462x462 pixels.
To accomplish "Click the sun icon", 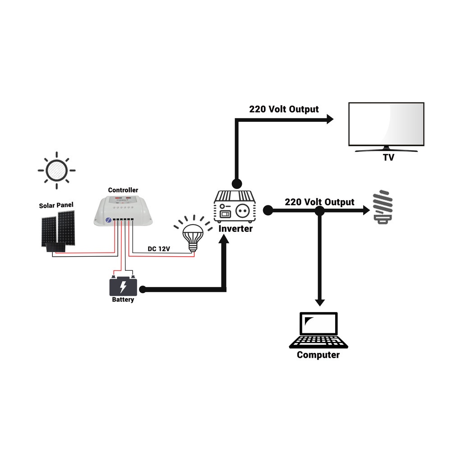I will pyautogui.click(x=56, y=171).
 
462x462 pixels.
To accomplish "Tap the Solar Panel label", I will pyautogui.click(x=56, y=205).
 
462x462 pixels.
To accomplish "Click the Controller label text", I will pyautogui.click(x=123, y=190).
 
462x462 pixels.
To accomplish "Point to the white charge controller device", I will pyautogui.click(x=123, y=210).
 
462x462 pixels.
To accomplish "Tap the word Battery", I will pyautogui.click(x=123, y=300).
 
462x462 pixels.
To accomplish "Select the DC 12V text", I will pyautogui.click(x=159, y=249).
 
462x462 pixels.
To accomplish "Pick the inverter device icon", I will pyautogui.click(x=235, y=206).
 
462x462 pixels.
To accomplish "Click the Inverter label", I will pyautogui.click(x=236, y=229).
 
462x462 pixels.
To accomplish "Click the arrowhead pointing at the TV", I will pyautogui.click(x=329, y=119).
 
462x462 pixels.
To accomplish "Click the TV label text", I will pyautogui.click(x=388, y=157).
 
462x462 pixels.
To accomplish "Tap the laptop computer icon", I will pyautogui.click(x=319, y=330).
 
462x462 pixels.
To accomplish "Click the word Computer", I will pyautogui.click(x=318, y=355).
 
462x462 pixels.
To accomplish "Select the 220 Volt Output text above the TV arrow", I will pyautogui.click(x=284, y=109).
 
